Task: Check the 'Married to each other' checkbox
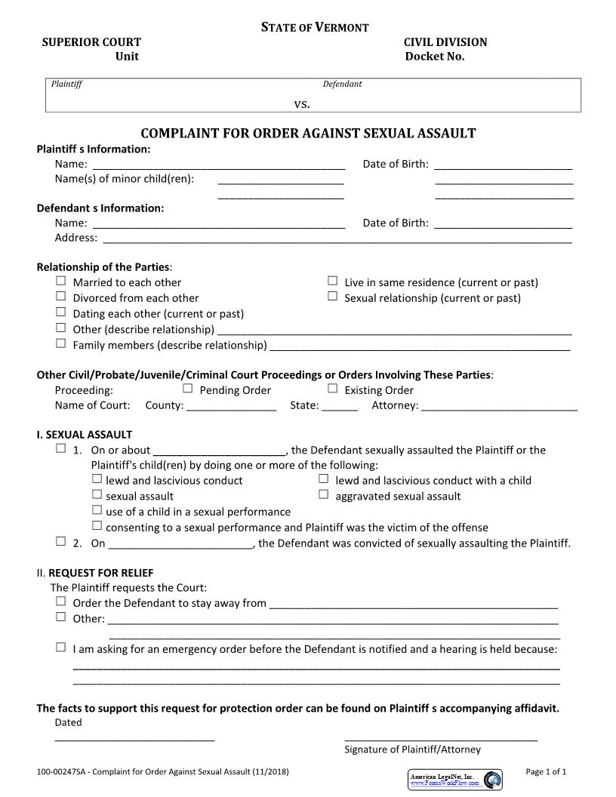(60, 281)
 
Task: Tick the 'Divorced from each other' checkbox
(60, 297)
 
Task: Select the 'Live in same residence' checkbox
(332, 281)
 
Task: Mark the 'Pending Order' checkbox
(188, 389)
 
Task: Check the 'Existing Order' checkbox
(332, 389)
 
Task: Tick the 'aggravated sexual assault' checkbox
(323, 494)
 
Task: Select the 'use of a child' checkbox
(97, 510)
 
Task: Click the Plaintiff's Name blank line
(218, 164)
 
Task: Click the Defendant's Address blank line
(337, 238)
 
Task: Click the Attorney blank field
(499, 405)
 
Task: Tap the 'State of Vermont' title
(315, 27)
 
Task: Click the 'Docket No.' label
(435, 57)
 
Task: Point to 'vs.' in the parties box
(302, 103)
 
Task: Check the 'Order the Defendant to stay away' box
(60, 602)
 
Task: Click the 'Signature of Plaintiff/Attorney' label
(412, 749)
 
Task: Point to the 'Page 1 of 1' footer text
(545, 771)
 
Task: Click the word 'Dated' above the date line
(69, 722)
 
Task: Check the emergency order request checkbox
(60, 648)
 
